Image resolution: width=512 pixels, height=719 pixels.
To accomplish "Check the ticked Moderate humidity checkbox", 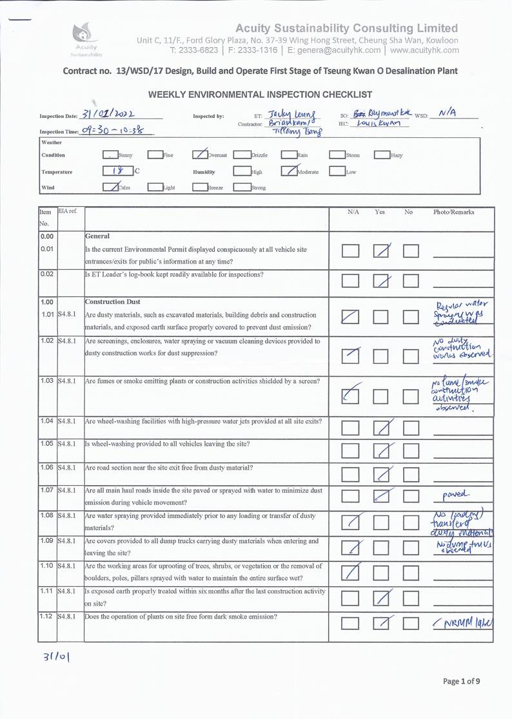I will click(288, 172).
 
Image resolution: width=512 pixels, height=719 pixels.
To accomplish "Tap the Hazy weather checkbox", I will click(381, 155).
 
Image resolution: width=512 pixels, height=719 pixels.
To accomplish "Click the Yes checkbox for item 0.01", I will click(382, 251).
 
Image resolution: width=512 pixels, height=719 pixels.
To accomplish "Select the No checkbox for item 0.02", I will click(411, 280).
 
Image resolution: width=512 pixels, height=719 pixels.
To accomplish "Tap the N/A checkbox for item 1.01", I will click(351, 316).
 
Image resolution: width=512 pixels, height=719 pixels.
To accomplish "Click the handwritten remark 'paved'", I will click(457, 495).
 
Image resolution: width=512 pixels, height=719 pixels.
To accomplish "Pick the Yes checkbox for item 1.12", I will click(382, 622).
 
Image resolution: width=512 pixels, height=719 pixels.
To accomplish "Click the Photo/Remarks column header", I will click(454, 212).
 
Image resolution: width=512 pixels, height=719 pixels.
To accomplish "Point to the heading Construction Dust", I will click(113, 302).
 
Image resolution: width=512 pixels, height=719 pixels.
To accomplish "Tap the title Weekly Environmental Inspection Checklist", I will click(261, 94).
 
